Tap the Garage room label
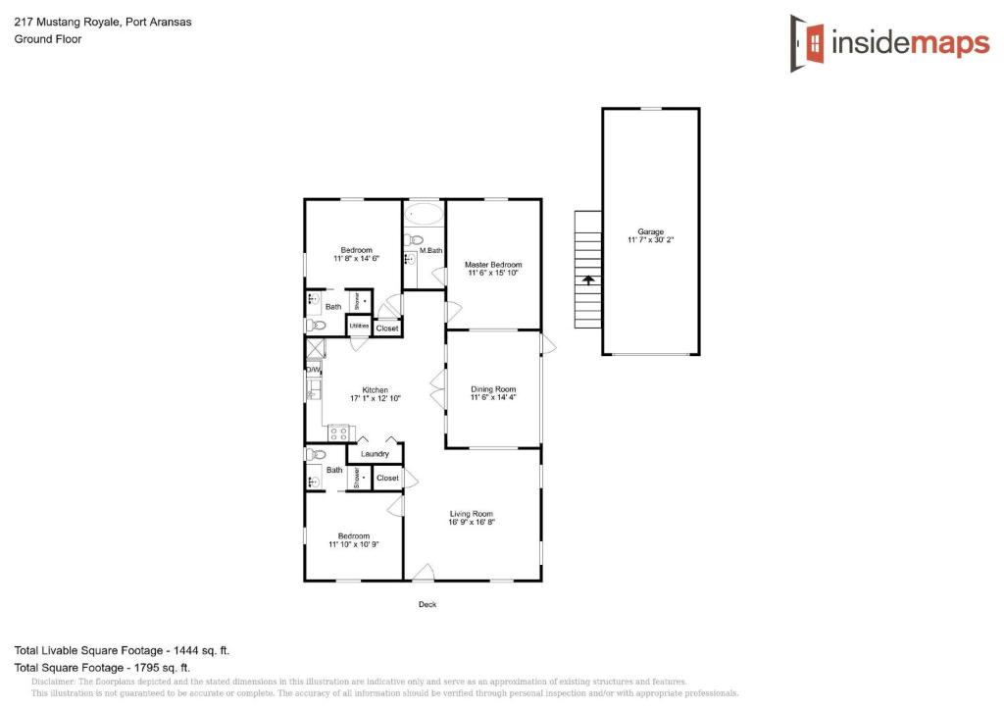pyautogui.click(x=651, y=232)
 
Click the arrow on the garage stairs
pyautogui.click(x=588, y=279)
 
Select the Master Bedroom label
pyautogui.click(x=493, y=265)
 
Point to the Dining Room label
pyautogui.click(x=493, y=389)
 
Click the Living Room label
pyautogui.click(x=472, y=514)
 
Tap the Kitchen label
pyautogui.click(x=376, y=390)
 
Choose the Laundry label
pyautogui.click(x=376, y=454)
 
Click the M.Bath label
pyautogui.click(x=431, y=251)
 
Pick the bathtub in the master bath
pyautogui.click(x=425, y=214)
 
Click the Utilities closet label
pyautogui.click(x=359, y=326)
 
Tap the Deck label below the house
pyautogui.click(x=427, y=604)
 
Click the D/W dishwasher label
pyautogui.click(x=313, y=370)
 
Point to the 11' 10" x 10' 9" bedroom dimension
pyautogui.click(x=354, y=544)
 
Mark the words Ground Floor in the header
pyautogui.click(x=47, y=39)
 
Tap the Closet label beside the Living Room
pyautogui.click(x=387, y=478)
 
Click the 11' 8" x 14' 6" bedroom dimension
pyautogui.click(x=356, y=259)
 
